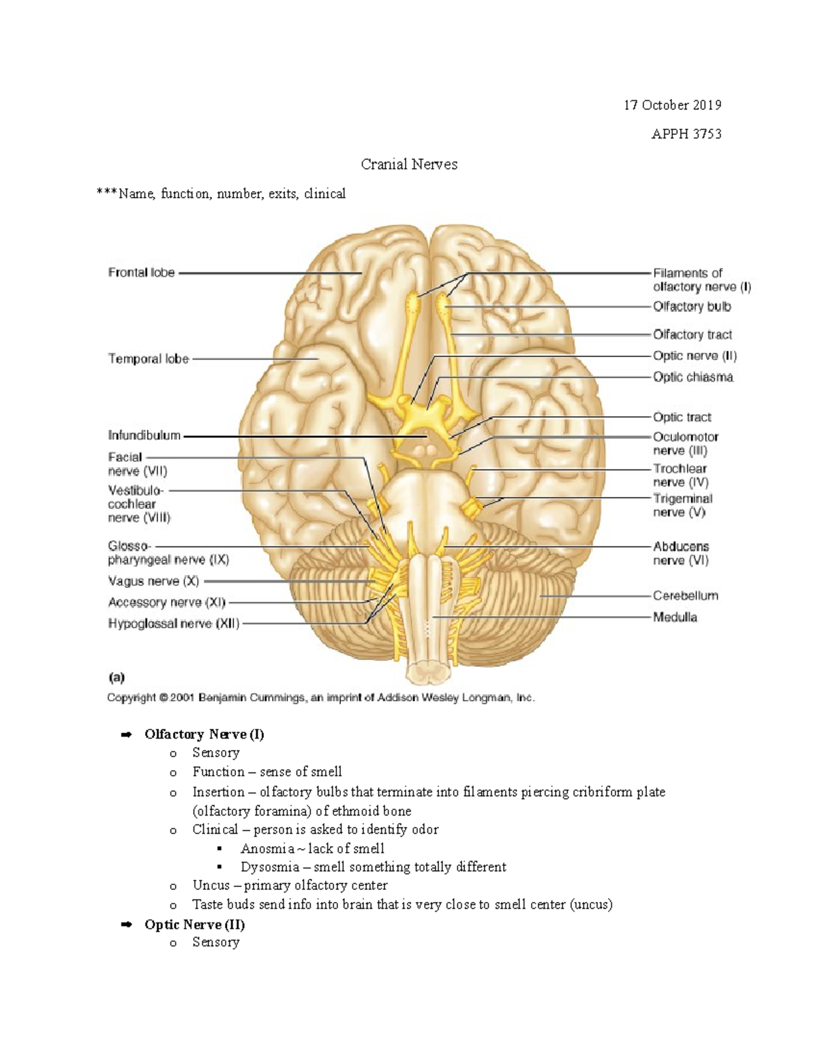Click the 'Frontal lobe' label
[x=141, y=273]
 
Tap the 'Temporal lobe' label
[x=148, y=358]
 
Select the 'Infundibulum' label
[x=144, y=435]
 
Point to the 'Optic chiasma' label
[x=693, y=377]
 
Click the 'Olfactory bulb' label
[x=691, y=307]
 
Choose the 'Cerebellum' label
[x=685, y=595]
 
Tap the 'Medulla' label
[x=674, y=617]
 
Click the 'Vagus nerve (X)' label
[x=153, y=581]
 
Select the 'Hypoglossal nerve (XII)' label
[x=174, y=623]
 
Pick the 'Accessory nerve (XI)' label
[x=166, y=602]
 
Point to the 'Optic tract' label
[x=682, y=417]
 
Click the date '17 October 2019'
[x=672, y=105]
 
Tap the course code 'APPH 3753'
[x=686, y=134]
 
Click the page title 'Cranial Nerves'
[x=409, y=164]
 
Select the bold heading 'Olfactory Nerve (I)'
[x=204, y=734]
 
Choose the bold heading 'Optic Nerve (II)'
[x=194, y=924]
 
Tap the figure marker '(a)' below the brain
[x=117, y=677]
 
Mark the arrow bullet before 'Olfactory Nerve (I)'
[x=125, y=734]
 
